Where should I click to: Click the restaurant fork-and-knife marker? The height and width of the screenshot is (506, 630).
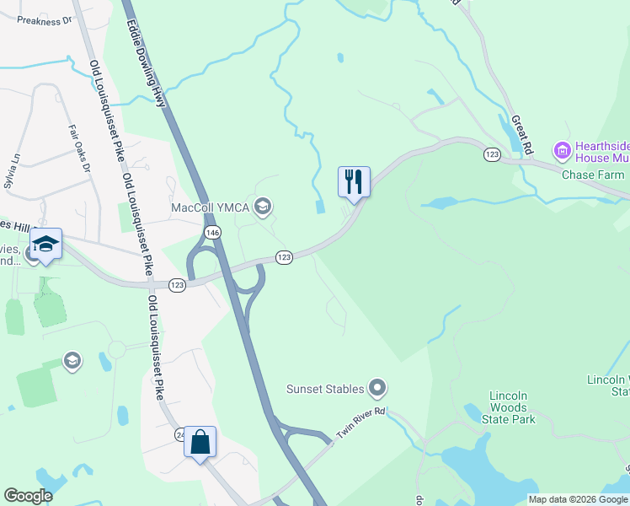point(354,181)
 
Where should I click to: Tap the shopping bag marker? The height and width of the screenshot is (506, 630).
point(200,442)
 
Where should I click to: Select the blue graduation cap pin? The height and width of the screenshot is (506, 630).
point(45,245)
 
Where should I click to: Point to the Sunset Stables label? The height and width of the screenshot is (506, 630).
point(325,389)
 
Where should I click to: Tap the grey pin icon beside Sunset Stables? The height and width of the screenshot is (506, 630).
point(377,389)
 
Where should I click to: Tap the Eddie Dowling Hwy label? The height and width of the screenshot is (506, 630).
point(145,52)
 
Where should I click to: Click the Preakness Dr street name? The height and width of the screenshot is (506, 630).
point(45,20)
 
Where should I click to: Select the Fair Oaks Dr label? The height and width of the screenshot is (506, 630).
point(78,149)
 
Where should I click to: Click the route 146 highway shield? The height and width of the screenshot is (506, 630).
point(211,231)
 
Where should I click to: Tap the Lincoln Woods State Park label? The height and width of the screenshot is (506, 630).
point(513,407)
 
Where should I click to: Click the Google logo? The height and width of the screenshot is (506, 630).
point(28,496)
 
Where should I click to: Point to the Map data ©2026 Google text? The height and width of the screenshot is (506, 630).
point(578,499)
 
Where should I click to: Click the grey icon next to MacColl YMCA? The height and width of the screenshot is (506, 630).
point(263,207)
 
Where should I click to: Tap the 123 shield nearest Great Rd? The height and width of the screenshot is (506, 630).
point(492,153)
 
